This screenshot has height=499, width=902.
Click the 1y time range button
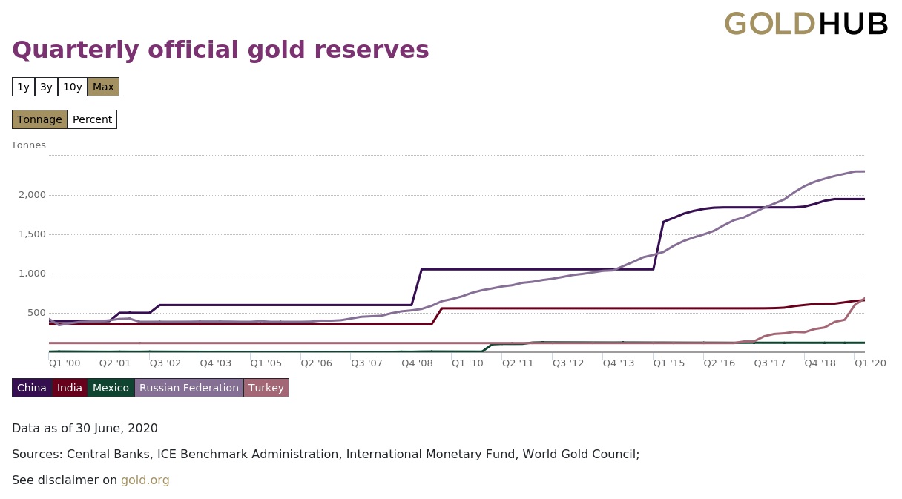[23, 87]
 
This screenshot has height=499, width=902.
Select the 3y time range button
[46, 87]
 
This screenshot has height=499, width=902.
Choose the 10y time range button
[73, 87]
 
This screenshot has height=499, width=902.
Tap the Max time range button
[103, 87]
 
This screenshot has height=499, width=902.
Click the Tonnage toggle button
[39, 119]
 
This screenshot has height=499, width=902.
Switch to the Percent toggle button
[92, 119]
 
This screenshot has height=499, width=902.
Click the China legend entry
[32, 388]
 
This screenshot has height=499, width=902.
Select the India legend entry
[70, 388]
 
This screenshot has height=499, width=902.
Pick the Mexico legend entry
[111, 388]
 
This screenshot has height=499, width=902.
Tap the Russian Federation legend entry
[188, 388]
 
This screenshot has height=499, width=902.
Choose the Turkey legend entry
[266, 388]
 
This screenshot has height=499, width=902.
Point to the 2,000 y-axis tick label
[31, 195]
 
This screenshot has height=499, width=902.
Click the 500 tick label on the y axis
[36, 313]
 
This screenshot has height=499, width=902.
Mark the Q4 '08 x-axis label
[417, 363]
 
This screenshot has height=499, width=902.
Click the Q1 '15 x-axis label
[669, 363]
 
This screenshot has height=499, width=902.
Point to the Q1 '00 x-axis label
[65, 363]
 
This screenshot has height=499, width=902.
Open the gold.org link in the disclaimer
[145, 480]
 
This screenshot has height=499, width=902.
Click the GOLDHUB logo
[806, 24]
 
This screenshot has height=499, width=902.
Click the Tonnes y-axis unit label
[29, 145]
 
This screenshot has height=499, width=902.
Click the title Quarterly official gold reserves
[220, 50]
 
